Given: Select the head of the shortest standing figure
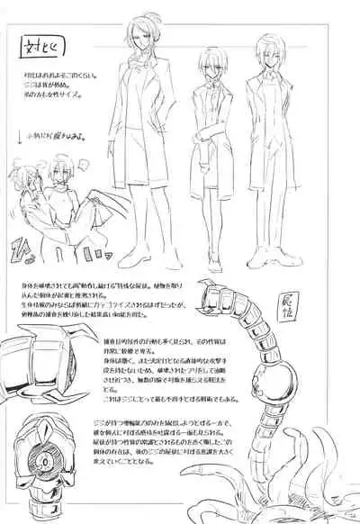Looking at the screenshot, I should pos(213,68).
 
